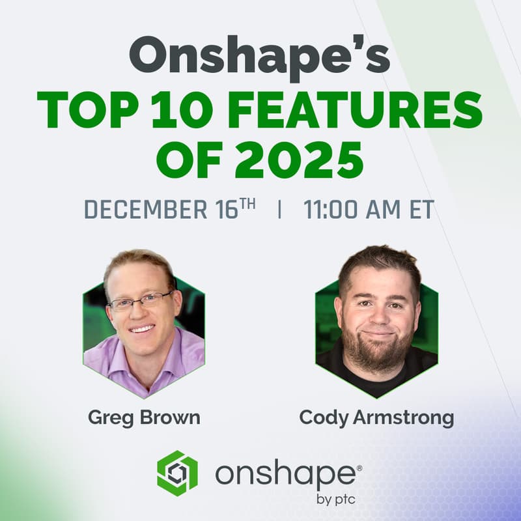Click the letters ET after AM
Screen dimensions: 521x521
pos(419,211)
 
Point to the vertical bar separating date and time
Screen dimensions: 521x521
pos(279,211)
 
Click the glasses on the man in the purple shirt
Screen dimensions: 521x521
pos(141,302)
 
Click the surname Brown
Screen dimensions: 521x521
pos(167,417)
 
